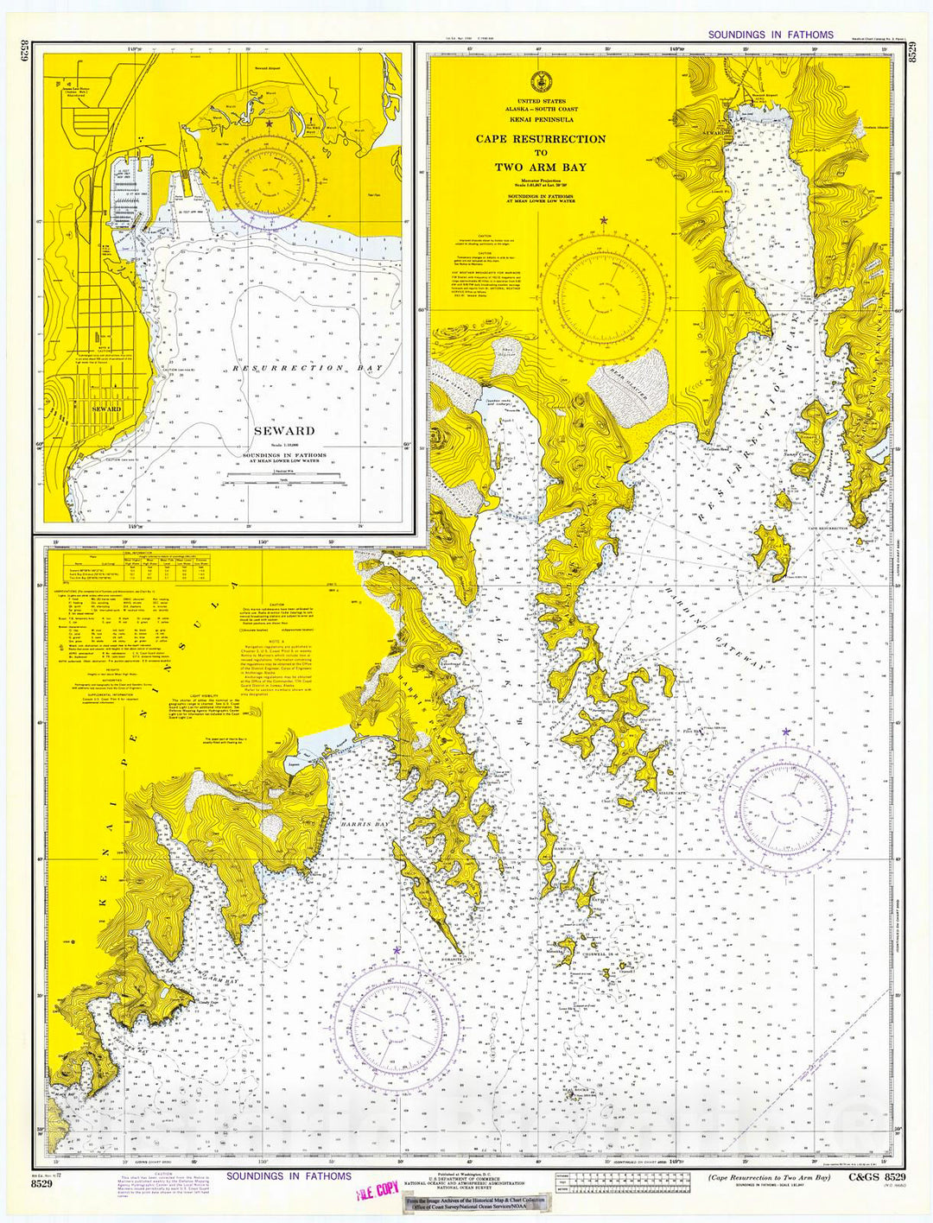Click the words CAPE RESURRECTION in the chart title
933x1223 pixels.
click(541, 139)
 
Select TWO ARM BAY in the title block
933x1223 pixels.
click(540, 168)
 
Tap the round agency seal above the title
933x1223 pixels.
click(541, 81)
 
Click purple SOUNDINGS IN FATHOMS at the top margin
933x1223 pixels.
click(771, 35)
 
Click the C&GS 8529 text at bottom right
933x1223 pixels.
click(876, 1177)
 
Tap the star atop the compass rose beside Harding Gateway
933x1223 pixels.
click(785, 732)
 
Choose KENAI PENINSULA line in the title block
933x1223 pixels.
click(541, 119)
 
